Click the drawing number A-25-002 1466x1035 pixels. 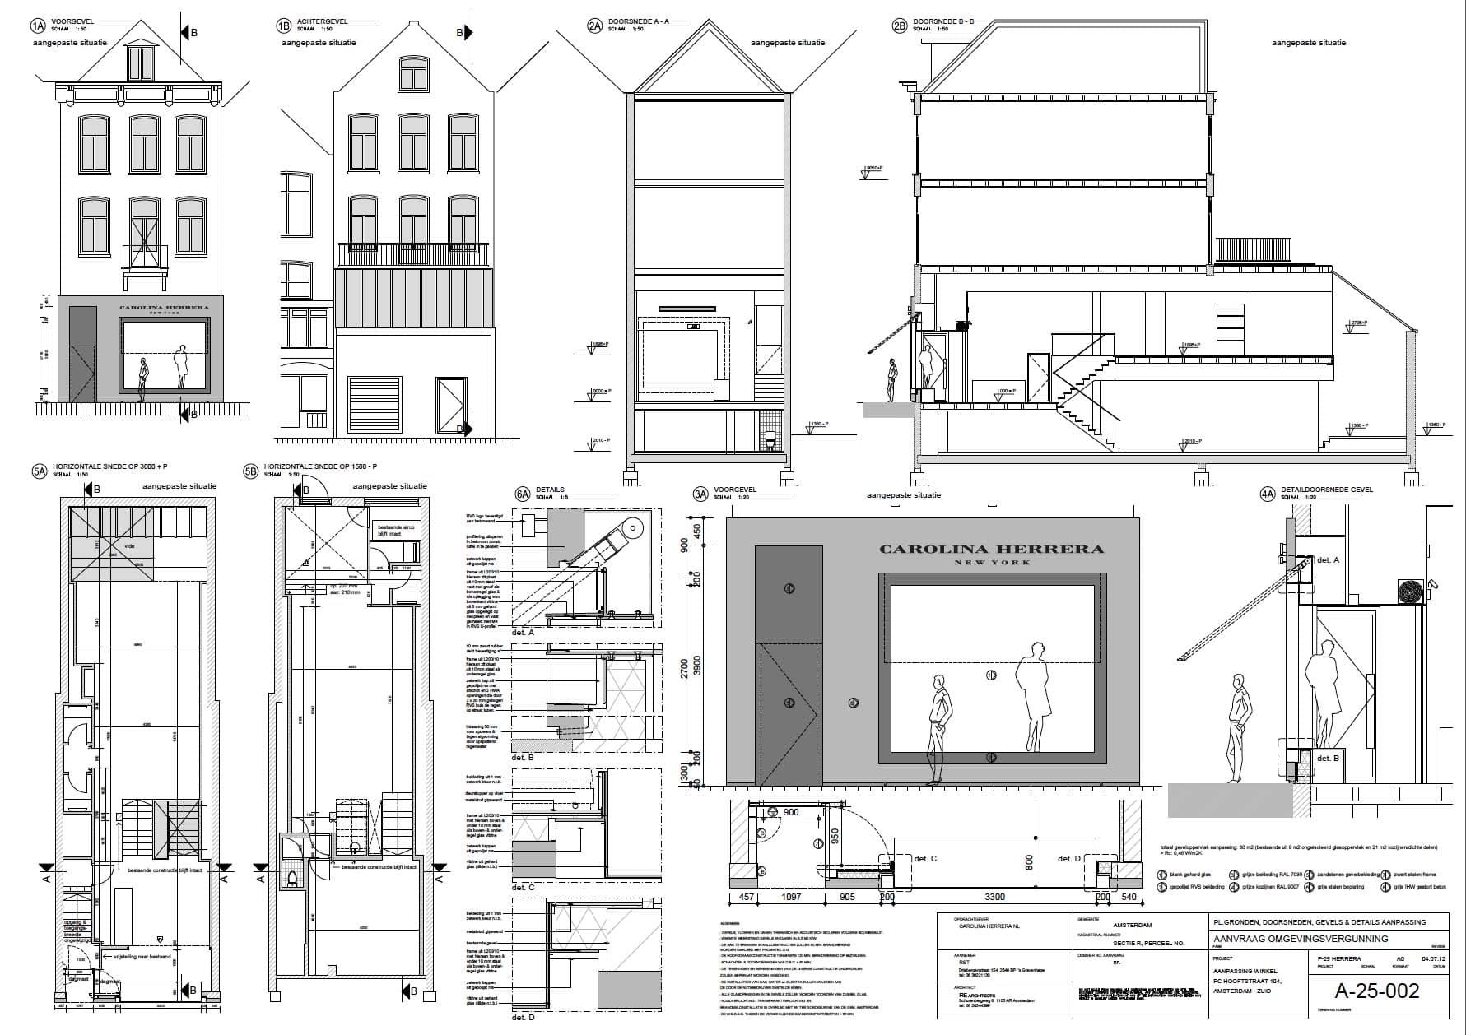(x=1378, y=991)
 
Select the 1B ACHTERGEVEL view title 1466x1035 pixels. (x=321, y=22)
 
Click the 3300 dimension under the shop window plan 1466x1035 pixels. (x=994, y=897)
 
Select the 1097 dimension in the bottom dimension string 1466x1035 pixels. (x=791, y=897)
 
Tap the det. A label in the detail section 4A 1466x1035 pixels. (x=1328, y=560)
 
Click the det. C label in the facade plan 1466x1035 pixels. (x=926, y=859)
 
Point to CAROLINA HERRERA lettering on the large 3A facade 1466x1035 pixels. (x=991, y=549)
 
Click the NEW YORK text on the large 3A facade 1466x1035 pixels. (x=992, y=563)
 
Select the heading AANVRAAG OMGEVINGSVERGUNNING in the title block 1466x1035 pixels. (x=1301, y=939)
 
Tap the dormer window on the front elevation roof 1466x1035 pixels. (x=141, y=63)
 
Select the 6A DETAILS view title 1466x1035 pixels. (x=550, y=490)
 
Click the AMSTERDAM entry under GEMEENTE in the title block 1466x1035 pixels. (x=1131, y=926)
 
